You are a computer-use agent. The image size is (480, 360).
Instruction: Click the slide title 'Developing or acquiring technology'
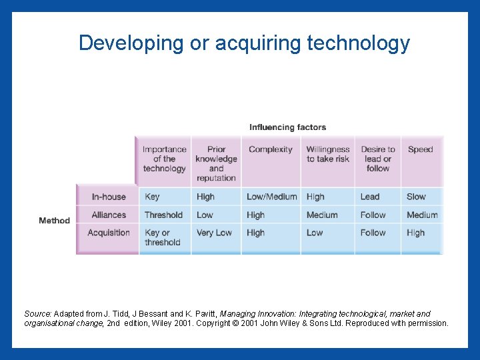tap(244, 43)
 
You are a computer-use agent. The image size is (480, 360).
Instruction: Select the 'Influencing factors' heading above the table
tap(287, 127)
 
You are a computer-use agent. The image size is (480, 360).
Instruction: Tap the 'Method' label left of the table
tap(54, 221)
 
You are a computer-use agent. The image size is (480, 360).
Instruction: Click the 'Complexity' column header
tap(270, 149)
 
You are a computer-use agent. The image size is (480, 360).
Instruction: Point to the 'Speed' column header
tap(420, 149)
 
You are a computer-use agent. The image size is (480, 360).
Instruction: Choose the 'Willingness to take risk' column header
tap(327, 154)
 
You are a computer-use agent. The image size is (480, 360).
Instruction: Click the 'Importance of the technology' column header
tap(164, 159)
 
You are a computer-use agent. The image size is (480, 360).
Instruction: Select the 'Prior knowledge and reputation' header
tap(216, 163)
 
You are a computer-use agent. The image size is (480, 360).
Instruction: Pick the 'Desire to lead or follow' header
tap(377, 159)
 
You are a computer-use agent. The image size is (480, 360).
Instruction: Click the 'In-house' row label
tap(109, 197)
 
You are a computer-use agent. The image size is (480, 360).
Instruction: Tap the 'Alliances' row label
tap(109, 215)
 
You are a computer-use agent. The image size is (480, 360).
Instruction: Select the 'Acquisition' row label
tap(109, 233)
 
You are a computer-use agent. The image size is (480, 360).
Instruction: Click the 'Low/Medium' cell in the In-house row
tap(271, 197)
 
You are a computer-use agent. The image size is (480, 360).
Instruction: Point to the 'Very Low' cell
tap(213, 233)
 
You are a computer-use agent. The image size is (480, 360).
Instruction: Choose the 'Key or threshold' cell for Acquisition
tap(162, 237)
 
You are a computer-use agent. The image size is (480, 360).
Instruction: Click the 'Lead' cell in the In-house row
tap(369, 197)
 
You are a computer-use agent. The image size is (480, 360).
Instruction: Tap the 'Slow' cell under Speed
tap(416, 197)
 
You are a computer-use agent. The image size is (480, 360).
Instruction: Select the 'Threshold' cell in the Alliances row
tap(163, 215)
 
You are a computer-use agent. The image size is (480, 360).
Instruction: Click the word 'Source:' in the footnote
tap(37, 313)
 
